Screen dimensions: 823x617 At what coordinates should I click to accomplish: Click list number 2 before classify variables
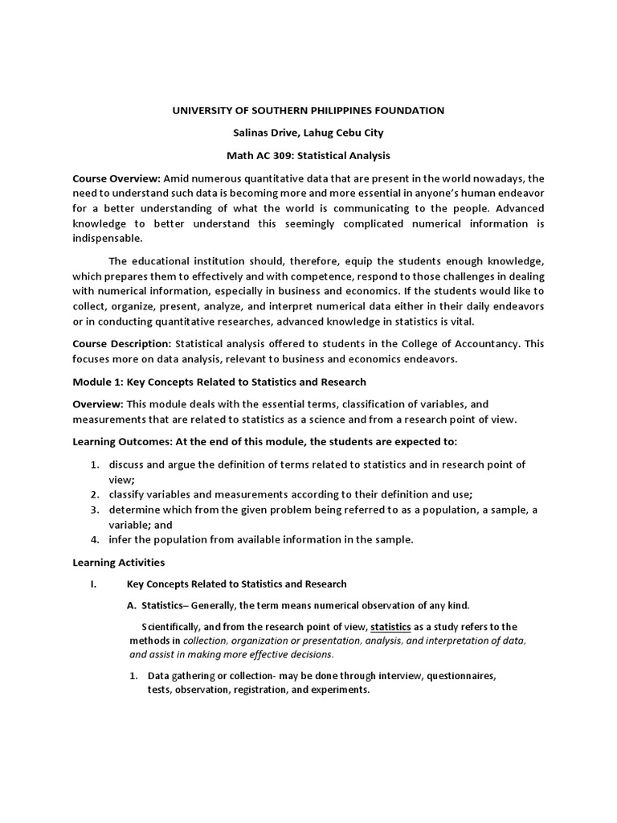94,493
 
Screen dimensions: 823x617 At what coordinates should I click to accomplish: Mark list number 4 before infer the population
94,539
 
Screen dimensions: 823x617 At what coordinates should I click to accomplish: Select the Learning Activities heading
118,563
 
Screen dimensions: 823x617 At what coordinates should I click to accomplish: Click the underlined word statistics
390,627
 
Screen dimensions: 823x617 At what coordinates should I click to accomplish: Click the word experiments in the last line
340,690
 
